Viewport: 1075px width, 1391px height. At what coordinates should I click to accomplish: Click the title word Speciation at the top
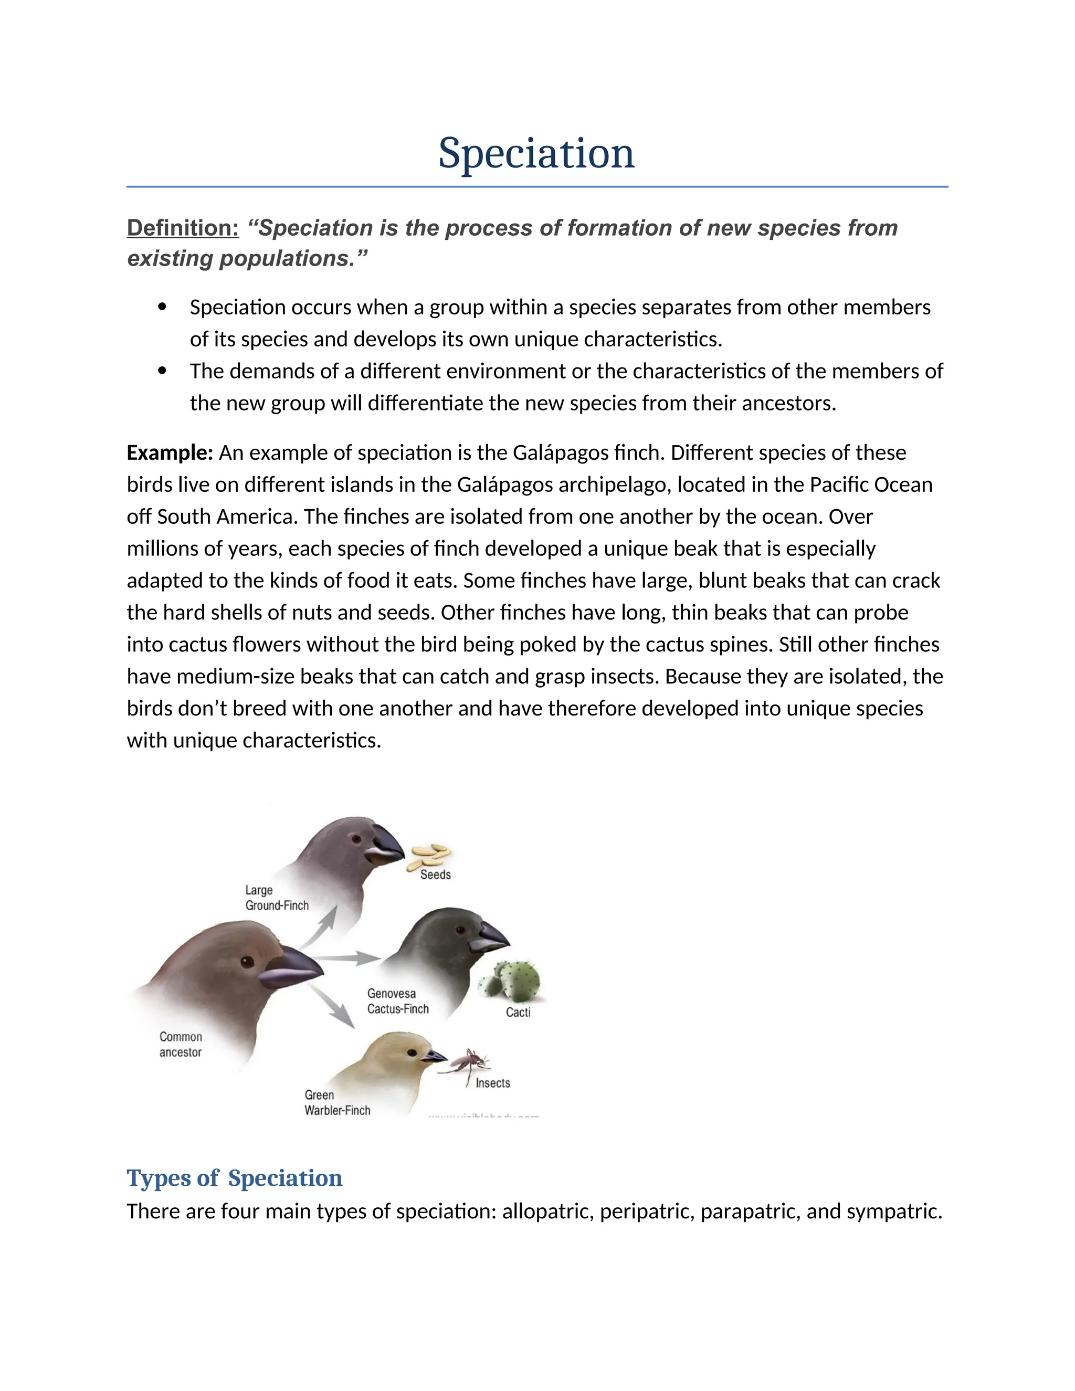[x=536, y=153]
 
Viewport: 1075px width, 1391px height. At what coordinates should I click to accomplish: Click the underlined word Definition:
[x=183, y=228]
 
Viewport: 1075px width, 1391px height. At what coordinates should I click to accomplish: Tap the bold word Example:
[x=170, y=453]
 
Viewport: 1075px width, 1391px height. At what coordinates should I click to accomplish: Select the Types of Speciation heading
[x=234, y=1178]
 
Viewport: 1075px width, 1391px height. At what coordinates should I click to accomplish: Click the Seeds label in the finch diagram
[x=436, y=874]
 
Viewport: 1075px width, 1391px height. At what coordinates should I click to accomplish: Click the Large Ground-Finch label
[x=277, y=898]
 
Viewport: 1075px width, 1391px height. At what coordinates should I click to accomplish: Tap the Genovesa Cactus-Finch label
[x=397, y=1001]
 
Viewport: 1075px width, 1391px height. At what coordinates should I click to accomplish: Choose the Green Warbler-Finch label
[x=337, y=1102]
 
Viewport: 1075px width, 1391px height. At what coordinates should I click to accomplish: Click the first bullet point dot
[x=162, y=307]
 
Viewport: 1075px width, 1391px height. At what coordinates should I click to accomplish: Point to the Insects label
[x=492, y=1083]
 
